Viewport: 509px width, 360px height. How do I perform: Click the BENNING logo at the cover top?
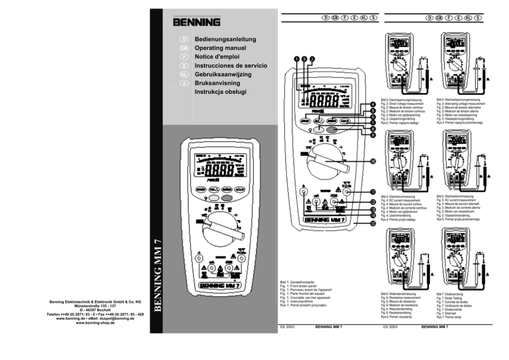tap(197, 23)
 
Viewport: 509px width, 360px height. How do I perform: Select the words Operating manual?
tap(220, 48)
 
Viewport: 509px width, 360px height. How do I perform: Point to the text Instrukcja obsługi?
tap(221, 92)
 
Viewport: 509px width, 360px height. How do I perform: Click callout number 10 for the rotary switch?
tap(373, 161)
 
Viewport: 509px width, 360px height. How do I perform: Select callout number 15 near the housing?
tap(373, 223)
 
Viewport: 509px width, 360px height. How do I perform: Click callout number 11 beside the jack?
tap(373, 192)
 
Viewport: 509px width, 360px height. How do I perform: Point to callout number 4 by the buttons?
tap(373, 105)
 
